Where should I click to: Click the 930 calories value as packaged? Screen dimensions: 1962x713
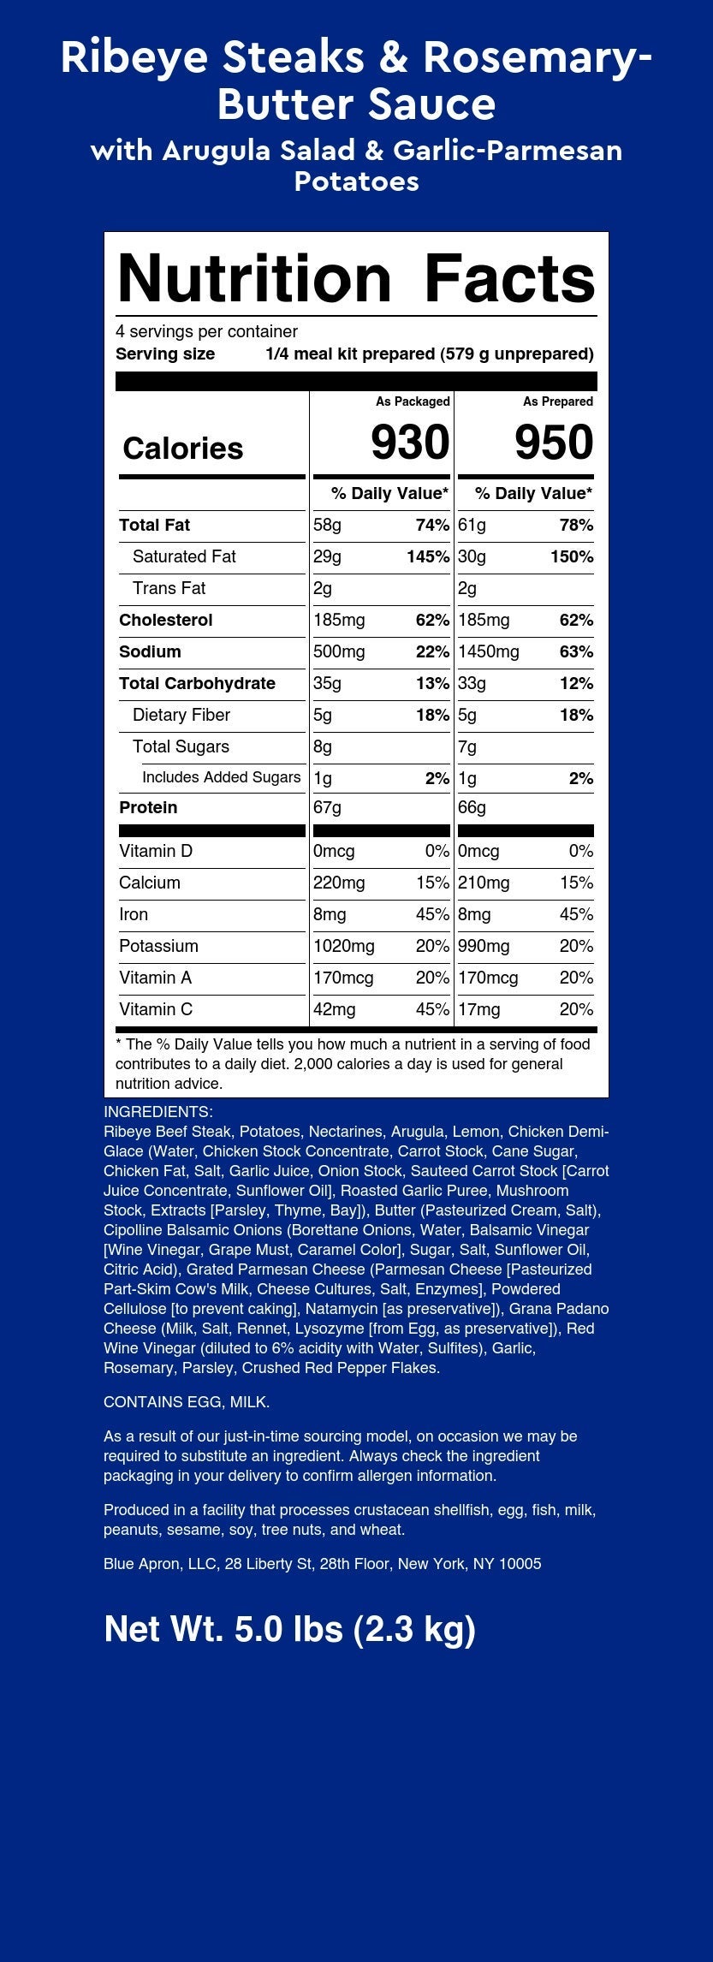point(409,443)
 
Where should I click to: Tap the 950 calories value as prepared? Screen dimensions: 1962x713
point(554,443)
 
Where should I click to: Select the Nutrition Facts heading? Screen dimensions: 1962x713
point(356,278)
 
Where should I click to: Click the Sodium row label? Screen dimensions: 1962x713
point(150,651)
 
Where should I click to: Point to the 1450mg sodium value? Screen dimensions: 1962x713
point(489,651)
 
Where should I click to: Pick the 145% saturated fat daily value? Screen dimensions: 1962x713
point(428,556)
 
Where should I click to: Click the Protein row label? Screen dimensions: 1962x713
point(148,807)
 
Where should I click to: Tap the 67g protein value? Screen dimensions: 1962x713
point(327,807)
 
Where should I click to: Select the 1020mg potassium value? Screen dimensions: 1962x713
point(344,946)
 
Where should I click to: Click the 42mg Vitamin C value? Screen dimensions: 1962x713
point(335,1009)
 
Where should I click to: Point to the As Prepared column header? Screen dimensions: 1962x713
point(558,401)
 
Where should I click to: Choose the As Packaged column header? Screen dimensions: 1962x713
point(413,401)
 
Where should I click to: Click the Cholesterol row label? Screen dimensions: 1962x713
point(166,620)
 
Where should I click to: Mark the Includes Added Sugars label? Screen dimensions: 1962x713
point(221,777)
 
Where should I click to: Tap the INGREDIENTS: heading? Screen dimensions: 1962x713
point(158,1112)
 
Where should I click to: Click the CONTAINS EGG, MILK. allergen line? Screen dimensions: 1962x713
point(187,1402)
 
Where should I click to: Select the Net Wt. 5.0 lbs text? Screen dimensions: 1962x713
point(289,1629)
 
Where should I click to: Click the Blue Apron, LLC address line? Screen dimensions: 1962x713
point(322,1564)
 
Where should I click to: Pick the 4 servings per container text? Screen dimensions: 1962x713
point(206,331)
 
